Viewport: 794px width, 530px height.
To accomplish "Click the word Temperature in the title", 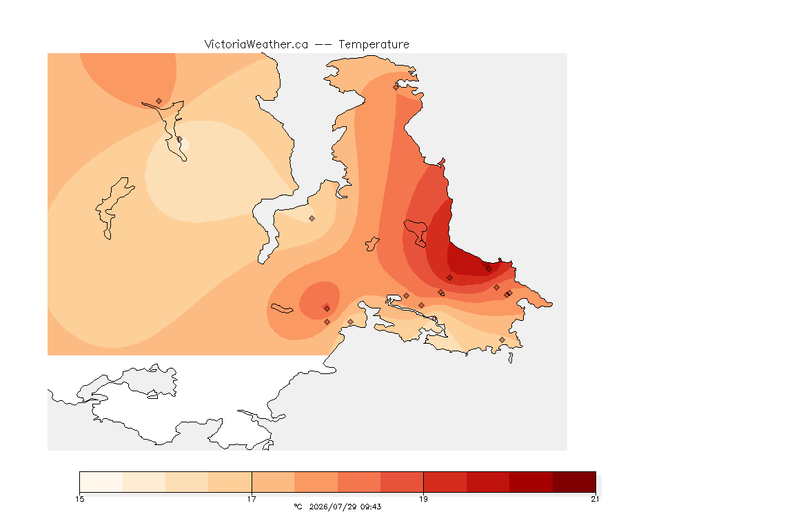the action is [x=374, y=45].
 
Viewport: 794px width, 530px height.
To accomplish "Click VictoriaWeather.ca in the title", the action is [x=256, y=45].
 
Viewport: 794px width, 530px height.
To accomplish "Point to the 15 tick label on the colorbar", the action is [x=80, y=499].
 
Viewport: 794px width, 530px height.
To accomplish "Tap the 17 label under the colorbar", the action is [x=252, y=499].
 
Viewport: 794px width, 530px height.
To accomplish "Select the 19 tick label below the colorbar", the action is [x=423, y=499].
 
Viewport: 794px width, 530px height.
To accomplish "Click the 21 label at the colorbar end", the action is [x=595, y=499].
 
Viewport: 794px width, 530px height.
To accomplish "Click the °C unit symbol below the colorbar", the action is [x=298, y=507].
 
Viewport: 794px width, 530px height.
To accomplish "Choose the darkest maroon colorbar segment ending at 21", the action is [x=574, y=482].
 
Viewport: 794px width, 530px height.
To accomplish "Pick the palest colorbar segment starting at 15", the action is [x=101, y=482].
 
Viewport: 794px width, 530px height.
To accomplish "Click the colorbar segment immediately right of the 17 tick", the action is [x=273, y=482].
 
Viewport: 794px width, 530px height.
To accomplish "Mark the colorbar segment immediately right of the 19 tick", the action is [x=445, y=482].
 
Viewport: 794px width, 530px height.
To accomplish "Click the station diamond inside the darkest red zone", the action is [x=489, y=269].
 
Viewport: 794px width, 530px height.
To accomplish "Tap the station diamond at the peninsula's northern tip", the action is [x=396, y=87].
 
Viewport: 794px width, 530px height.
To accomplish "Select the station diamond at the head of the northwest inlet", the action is [x=159, y=101].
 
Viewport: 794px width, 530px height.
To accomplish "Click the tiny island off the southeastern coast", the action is [x=511, y=358].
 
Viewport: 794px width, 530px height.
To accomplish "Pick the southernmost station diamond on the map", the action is [x=502, y=340].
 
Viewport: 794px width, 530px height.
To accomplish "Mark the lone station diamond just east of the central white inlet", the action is [x=312, y=219].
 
